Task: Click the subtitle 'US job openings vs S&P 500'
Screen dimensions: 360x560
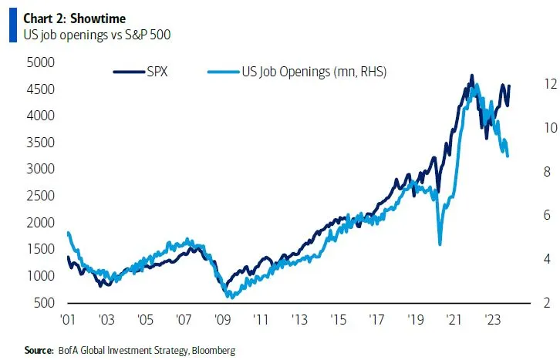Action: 85,32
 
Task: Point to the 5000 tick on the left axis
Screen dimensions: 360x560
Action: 40,62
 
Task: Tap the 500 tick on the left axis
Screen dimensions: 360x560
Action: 43,302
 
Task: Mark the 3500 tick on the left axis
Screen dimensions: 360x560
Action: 40,143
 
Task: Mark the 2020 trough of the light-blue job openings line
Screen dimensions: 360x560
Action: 440,244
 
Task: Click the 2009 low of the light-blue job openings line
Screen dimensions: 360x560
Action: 228,296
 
